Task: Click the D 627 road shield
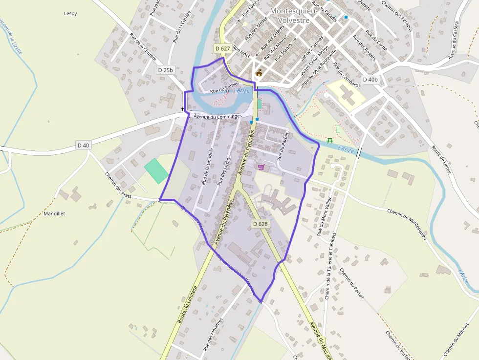(x=222, y=48)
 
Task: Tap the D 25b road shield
(x=166, y=70)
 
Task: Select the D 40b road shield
(x=370, y=79)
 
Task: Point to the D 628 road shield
(x=261, y=223)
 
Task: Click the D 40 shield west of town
(x=84, y=145)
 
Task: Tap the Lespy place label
(x=70, y=13)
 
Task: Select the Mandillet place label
(x=54, y=213)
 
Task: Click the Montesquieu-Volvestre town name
(x=293, y=15)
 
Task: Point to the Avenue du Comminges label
(x=218, y=116)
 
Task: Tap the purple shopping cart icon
(x=261, y=167)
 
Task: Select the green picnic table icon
(x=330, y=141)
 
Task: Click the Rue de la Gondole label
(x=207, y=166)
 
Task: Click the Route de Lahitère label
(x=187, y=304)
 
